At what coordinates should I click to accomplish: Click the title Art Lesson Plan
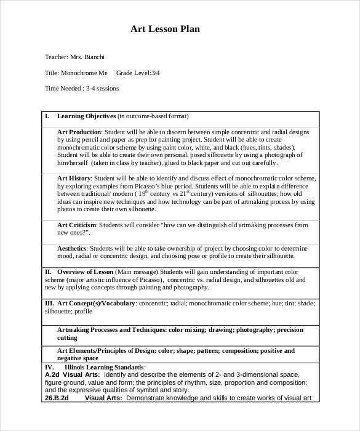pos(165,28)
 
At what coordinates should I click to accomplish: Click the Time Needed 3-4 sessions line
pos(82,89)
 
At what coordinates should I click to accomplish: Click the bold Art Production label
pos(79,132)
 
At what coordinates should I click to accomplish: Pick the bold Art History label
pos(74,178)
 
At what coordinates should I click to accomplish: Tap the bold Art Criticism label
pos(76,225)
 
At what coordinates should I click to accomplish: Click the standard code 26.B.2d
pos(56,398)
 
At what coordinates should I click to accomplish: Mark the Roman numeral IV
pos(49,367)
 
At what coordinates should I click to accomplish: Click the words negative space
pos(78,358)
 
